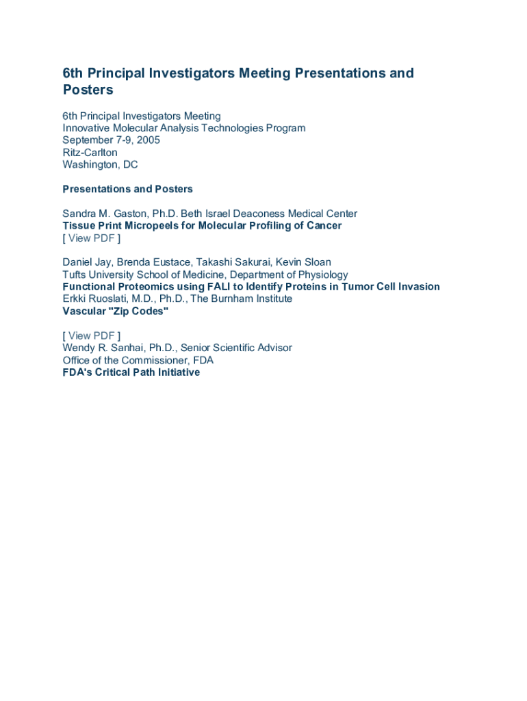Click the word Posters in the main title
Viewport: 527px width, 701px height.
click(88, 90)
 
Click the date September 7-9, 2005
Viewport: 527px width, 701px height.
click(112, 140)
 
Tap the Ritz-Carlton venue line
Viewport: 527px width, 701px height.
click(90, 153)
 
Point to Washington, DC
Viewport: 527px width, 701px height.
click(100, 165)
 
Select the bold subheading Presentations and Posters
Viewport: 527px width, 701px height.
click(128, 189)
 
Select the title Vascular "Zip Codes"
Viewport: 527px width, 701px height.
click(116, 311)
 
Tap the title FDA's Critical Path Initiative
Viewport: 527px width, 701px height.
click(131, 372)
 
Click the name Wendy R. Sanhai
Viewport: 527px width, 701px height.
click(103, 348)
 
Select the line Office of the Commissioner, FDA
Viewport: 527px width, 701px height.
click(138, 360)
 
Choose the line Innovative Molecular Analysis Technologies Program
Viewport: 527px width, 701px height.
click(184, 128)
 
